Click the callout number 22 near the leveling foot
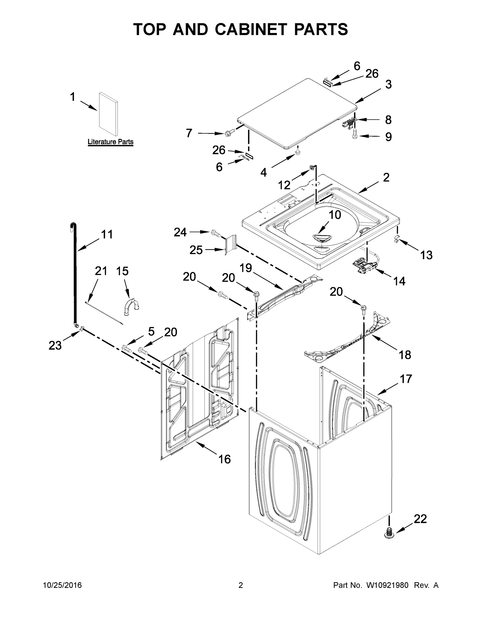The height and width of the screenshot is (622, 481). pyautogui.click(x=420, y=519)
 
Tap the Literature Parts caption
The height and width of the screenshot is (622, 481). pyautogui.click(x=110, y=142)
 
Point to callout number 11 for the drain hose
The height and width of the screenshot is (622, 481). pyautogui.click(x=107, y=234)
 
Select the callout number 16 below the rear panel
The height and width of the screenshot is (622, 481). pyautogui.click(x=225, y=459)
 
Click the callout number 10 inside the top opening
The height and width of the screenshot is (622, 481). pyautogui.click(x=335, y=215)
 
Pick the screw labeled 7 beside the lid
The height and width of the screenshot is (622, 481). pyautogui.click(x=230, y=132)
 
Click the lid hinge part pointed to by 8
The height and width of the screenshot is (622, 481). pyautogui.click(x=349, y=123)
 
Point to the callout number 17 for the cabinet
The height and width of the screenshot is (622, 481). pyautogui.click(x=406, y=379)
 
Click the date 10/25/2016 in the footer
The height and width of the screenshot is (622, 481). pyautogui.click(x=62, y=585)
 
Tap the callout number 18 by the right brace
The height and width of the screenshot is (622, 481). pyautogui.click(x=405, y=355)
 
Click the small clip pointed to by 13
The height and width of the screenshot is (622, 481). pyautogui.click(x=397, y=239)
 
